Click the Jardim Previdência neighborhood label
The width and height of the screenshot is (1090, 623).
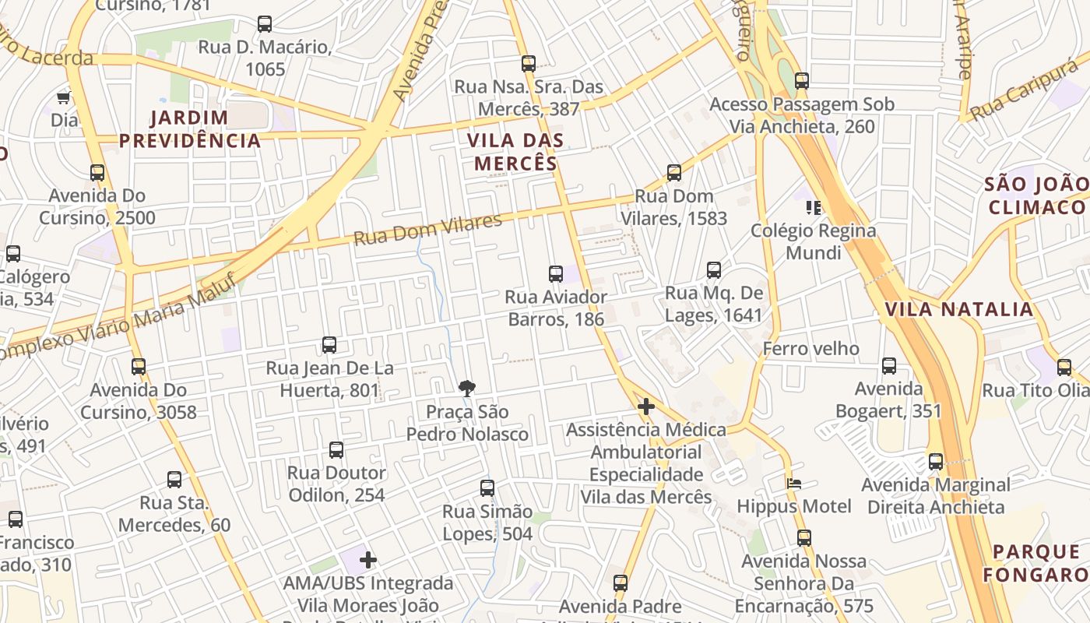tap(189, 129)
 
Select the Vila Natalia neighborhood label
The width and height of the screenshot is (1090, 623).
tap(959, 309)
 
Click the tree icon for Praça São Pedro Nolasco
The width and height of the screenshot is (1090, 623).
tap(467, 388)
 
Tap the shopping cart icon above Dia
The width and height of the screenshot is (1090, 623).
tap(64, 98)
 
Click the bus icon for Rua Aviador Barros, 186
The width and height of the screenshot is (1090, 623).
tap(556, 274)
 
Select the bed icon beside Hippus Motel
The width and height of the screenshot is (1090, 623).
tap(794, 484)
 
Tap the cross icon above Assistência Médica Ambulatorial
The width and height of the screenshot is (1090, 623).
tap(645, 407)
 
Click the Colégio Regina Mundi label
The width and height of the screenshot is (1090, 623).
tap(813, 241)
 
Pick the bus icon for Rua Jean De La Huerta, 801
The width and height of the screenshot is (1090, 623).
tap(329, 345)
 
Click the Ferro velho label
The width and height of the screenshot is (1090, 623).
tap(810, 348)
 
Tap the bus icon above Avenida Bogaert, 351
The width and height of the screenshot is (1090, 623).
tap(889, 366)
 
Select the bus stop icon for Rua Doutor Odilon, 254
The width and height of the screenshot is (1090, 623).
tap(336, 450)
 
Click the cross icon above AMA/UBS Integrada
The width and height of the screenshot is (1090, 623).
tap(368, 560)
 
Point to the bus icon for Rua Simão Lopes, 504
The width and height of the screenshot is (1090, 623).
tap(487, 489)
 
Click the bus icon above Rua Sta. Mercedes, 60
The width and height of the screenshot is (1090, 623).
tap(174, 480)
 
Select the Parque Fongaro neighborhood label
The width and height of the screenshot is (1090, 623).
tap(1035, 563)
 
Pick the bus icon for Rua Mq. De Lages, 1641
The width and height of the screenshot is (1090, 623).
tap(714, 271)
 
